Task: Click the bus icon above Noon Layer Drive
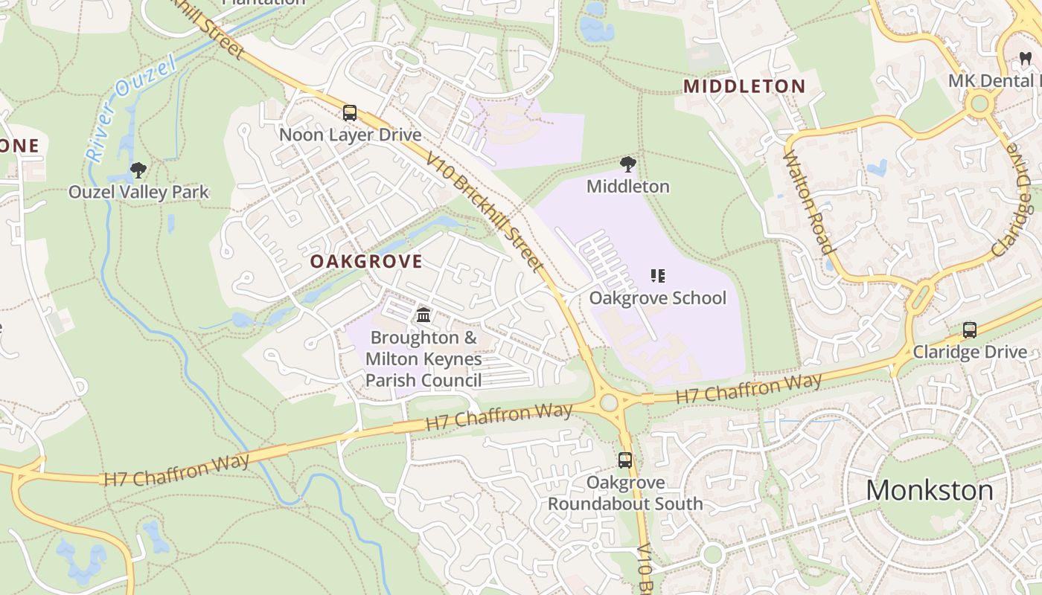click(x=349, y=113)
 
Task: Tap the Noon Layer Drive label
click(x=350, y=135)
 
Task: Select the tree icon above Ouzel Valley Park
click(x=138, y=170)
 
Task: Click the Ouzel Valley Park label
click(x=138, y=192)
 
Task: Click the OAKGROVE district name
click(x=366, y=261)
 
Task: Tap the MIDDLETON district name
click(x=744, y=86)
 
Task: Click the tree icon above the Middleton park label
click(x=628, y=164)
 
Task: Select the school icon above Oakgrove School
click(x=657, y=277)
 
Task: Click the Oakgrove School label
click(x=657, y=297)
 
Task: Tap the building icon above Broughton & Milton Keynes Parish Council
click(x=423, y=315)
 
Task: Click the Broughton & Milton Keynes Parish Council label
click(x=423, y=359)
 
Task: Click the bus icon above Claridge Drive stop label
click(x=969, y=330)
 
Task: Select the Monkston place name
click(x=930, y=490)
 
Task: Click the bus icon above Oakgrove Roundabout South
click(x=625, y=460)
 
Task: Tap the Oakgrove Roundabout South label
click(x=625, y=493)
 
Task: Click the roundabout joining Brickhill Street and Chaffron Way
click(x=610, y=403)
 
